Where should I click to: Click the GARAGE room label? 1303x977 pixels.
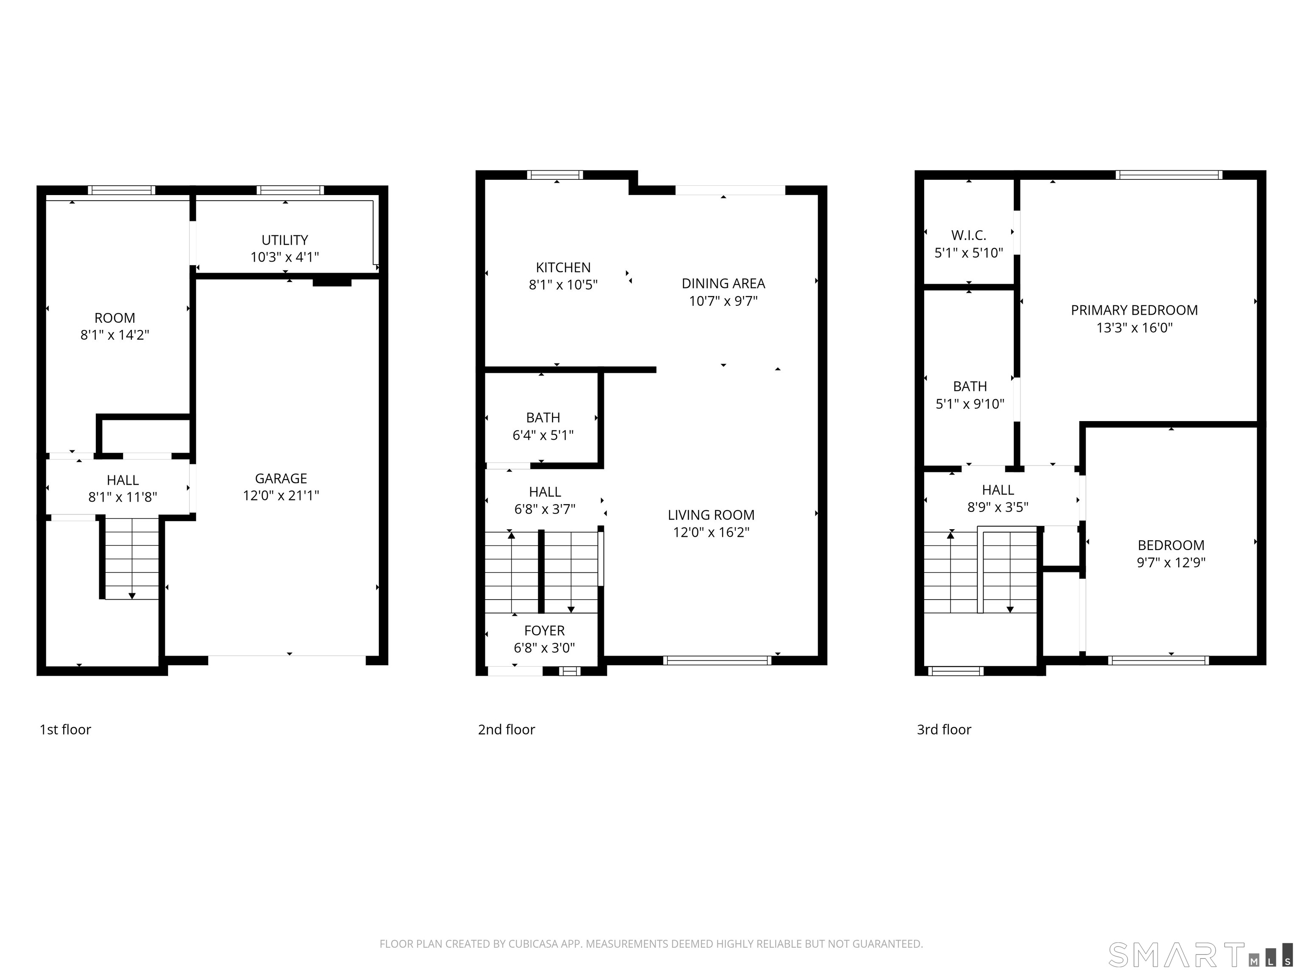click(281, 478)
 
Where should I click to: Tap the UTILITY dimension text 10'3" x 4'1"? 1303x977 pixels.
click(285, 257)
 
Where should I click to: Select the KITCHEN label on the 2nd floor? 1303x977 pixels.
click(563, 268)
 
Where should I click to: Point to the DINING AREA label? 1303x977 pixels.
click(723, 283)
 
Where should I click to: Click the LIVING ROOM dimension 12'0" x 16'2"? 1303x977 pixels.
click(711, 532)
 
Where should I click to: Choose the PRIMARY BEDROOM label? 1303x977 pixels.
click(1134, 310)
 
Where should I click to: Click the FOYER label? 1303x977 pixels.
click(544, 631)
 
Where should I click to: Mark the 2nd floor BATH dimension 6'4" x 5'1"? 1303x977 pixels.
click(542, 435)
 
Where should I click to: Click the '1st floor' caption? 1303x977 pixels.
click(65, 730)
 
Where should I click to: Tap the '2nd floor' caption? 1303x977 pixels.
click(506, 730)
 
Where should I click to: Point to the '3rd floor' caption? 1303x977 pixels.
click(944, 730)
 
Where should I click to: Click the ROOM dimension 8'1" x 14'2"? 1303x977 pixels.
click(115, 335)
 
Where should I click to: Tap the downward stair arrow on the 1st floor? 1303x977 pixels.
click(132, 595)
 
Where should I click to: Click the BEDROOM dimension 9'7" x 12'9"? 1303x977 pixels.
click(1171, 562)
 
